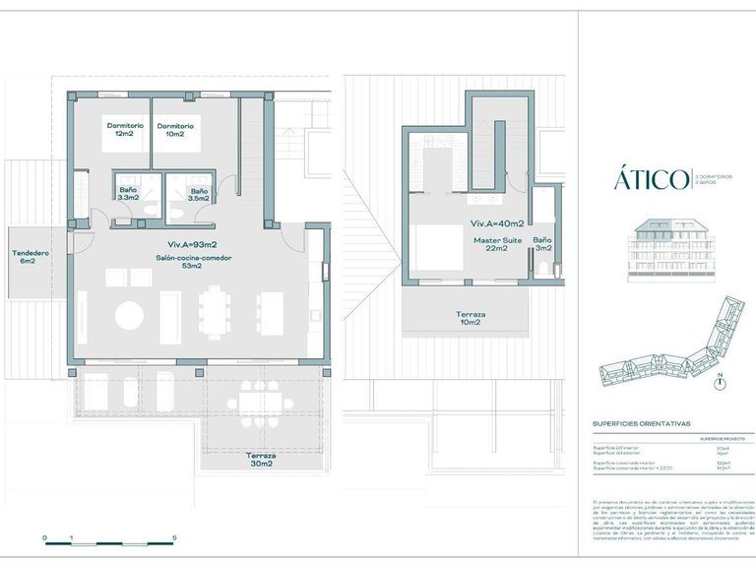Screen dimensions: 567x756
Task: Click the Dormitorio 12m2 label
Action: [126, 130]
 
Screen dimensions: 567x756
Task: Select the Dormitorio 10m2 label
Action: [175, 130]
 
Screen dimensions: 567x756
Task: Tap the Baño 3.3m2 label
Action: [128, 194]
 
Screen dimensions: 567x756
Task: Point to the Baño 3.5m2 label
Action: [199, 194]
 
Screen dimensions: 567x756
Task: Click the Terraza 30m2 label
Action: [260, 460]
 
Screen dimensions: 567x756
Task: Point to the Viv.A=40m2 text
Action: [495, 224]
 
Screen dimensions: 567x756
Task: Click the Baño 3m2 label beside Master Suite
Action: [542, 244]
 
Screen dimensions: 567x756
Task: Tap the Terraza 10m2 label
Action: [469, 317]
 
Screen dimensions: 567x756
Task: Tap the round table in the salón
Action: [130, 316]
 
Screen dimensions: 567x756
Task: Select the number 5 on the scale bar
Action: [174, 537]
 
